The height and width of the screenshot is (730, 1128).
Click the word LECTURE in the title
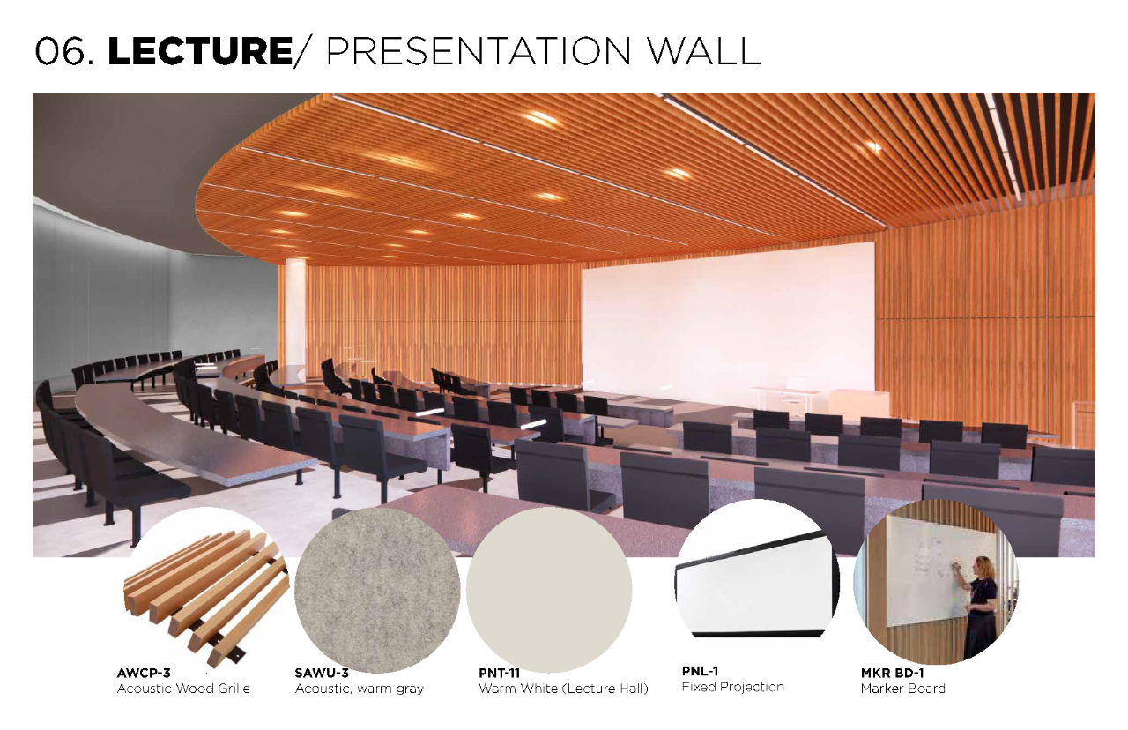(x=200, y=51)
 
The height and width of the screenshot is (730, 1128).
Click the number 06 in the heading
(x=60, y=51)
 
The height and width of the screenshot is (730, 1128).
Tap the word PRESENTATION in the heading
(x=479, y=51)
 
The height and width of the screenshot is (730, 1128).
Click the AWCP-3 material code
(x=144, y=673)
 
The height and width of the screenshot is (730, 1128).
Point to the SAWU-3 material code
(x=322, y=673)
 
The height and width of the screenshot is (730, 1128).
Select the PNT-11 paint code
(x=499, y=673)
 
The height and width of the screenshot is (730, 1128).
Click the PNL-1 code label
(x=700, y=671)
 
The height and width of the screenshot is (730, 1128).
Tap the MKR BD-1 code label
(x=892, y=673)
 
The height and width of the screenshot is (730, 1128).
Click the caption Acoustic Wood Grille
(x=183, y=689)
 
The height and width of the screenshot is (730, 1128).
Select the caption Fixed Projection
(x=732, y=687)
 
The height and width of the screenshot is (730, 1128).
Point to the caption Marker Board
(x=903, y=689)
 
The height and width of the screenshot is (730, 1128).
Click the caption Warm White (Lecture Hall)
(x=563, y=689)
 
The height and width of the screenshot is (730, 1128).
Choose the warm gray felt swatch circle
(x=377, y=590)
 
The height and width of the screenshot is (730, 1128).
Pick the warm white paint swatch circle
(x=549, y=590)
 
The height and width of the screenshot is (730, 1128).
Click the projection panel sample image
(x=757, y=585)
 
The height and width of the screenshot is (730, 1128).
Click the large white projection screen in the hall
(x=728, y=323)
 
